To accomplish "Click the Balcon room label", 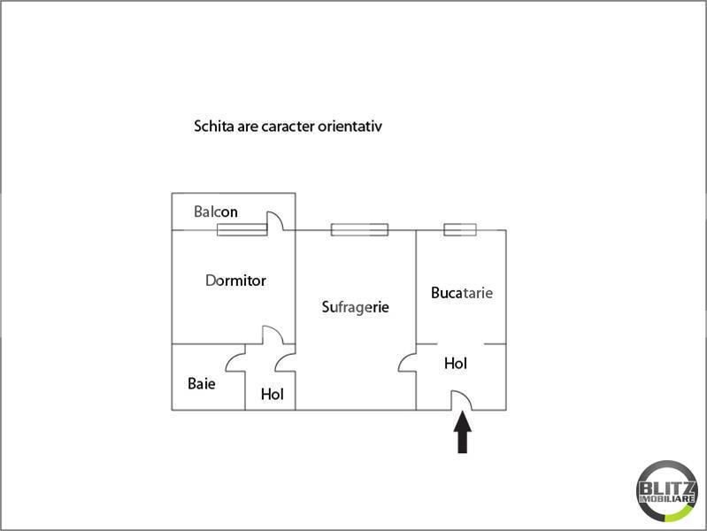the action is pos(216,212).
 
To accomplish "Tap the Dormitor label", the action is pos(235,281).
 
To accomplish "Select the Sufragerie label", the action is pos(356,307).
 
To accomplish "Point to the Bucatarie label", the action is pos(462,293).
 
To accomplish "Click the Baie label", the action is pos(201,383).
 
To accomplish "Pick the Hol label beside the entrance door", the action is pos(456,363).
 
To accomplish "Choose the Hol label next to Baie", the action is pos(273,395).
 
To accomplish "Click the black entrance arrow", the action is pos(463,432).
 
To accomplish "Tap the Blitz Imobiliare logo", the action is pos(666,491).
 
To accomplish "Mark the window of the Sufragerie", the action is pos(359,229).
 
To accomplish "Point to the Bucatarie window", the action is pos(460,229).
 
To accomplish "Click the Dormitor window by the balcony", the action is pos(242,229).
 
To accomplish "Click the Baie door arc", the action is pos(230,360).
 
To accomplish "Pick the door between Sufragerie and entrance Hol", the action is pos(403,359).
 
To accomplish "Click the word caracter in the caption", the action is pos(288,127).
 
